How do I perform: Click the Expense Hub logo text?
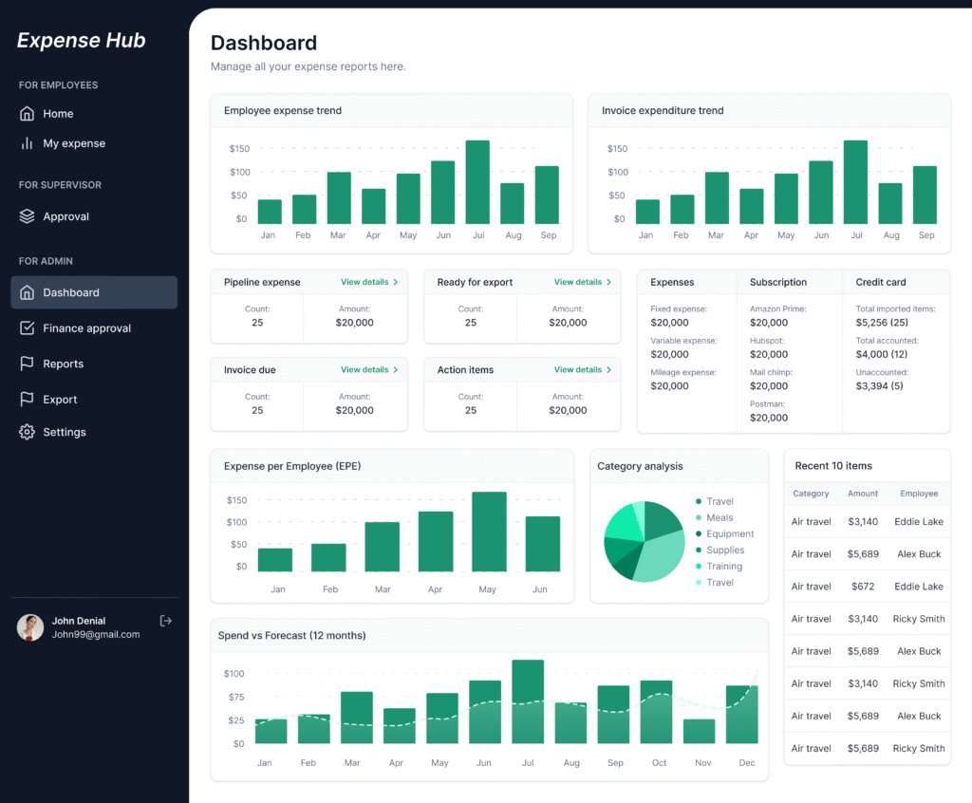[x=82, y=40]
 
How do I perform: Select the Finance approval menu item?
[x=86, y=328]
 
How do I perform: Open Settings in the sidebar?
[x=64, y=432]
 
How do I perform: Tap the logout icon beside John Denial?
[x=166, y=621]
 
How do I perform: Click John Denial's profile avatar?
[x=30, y=627]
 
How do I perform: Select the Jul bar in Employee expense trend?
[x=477, y=182]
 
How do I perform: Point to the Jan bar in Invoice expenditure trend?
[x=647, y=212]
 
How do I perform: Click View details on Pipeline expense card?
[x=368, y=282]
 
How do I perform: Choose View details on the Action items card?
[x=582, y=369]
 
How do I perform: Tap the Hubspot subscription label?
[x=767, y=341]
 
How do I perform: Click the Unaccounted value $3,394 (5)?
[x=879, y=386]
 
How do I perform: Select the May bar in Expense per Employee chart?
[x=489, y=532]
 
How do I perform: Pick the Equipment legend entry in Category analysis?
[x=730, y=533]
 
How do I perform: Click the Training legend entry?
[x=724, y=566]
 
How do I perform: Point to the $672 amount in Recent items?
[x=863, y=587]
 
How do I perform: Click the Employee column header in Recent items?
[x=919, y=494]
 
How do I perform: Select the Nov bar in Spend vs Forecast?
[x=700, y=731]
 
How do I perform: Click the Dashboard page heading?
[x=264, y=43]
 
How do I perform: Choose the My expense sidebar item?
[x=73, y=143]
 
